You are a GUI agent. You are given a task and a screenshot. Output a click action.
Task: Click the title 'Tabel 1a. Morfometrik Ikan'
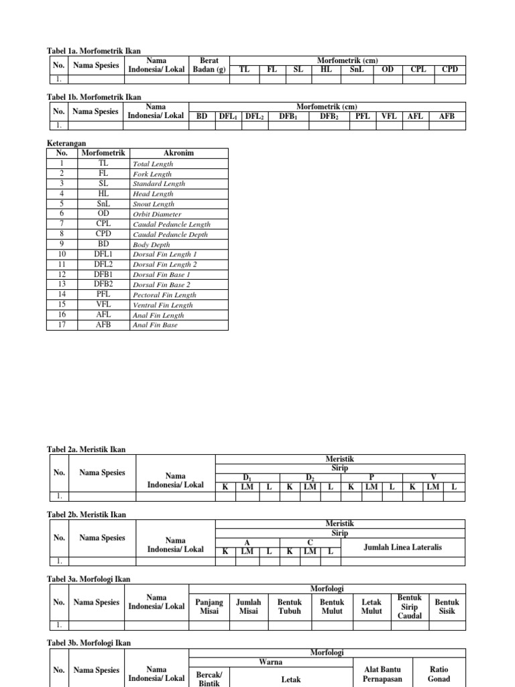93,50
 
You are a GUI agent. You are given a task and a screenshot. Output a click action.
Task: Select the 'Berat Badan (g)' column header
209,64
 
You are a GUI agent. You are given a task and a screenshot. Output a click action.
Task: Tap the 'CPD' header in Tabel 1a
449,69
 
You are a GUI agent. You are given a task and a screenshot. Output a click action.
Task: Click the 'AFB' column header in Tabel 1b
447,116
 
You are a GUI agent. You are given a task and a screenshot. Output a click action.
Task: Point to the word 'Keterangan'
65,143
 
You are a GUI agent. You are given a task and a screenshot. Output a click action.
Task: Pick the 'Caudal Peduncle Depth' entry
170,234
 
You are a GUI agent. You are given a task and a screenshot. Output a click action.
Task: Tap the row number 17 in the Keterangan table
61,325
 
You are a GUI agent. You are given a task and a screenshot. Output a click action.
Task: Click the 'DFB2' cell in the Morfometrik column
103,284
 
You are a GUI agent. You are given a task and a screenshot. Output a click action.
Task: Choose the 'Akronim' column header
178,153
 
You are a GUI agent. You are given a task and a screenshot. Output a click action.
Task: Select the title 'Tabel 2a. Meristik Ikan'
85,450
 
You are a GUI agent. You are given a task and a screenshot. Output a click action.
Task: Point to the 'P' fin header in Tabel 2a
371,477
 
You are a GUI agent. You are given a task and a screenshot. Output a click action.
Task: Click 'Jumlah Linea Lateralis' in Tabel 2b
402,547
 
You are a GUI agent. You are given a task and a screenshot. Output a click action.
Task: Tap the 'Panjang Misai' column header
209,606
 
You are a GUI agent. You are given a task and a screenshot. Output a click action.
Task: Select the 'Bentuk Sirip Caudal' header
409,606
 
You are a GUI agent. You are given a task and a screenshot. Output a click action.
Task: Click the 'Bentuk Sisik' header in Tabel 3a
447,606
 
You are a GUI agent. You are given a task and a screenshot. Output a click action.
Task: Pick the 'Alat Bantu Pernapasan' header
382,674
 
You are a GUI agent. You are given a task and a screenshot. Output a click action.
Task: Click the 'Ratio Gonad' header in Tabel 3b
439,674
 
